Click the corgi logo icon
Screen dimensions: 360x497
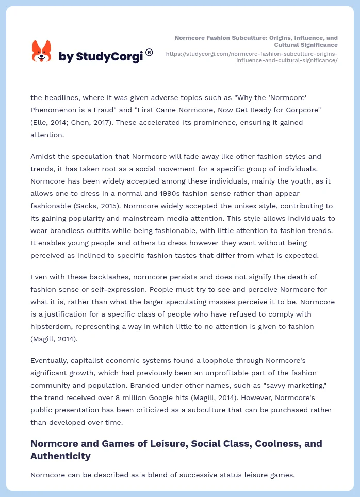(42, 51)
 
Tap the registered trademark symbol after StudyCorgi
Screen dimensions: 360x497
(149, 52)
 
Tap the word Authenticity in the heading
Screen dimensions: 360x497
(60, 456)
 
